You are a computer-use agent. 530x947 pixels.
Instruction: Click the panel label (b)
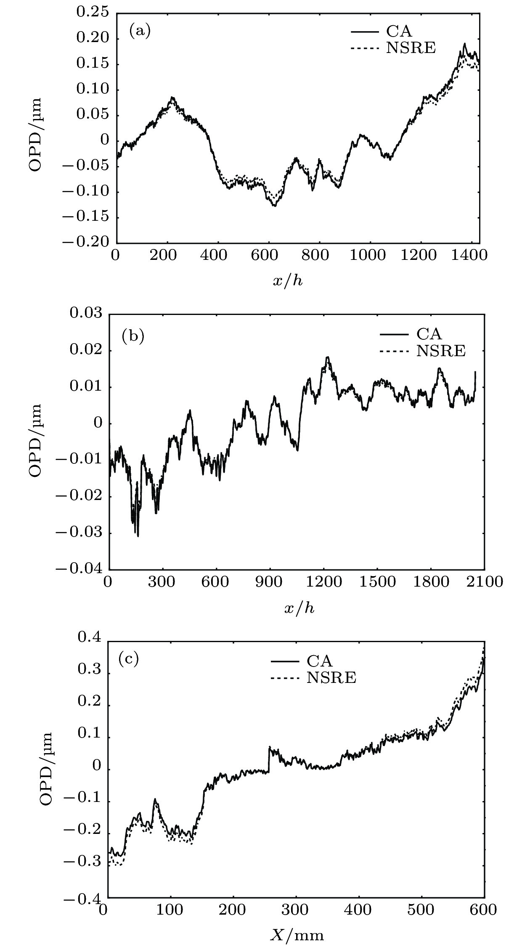(x=133, y=336)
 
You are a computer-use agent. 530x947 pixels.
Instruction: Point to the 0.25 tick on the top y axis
(x=92, y=13)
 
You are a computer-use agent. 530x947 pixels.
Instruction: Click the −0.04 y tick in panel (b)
(x=79, y=569)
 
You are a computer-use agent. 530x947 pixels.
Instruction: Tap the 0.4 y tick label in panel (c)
(x=90, y=638)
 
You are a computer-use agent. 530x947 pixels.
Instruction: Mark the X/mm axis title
(x=297, y=935)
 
